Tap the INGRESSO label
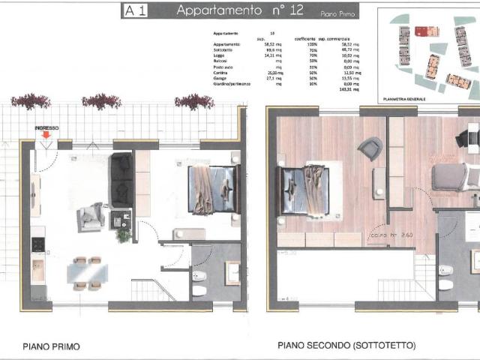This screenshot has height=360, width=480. click(46, 128)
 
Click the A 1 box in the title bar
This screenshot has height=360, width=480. click(135, 10)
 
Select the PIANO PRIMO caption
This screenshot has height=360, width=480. click(51, 346)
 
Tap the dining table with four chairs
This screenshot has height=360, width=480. click(85, 271)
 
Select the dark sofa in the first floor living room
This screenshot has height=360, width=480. click(121, 180)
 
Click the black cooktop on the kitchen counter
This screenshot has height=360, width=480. click(37, 244)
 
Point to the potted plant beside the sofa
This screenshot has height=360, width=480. click(124, 234)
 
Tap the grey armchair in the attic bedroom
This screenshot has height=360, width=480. click(370, 148)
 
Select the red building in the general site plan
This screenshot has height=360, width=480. click(427, 31)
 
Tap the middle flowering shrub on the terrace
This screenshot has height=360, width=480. click(101, 100)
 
